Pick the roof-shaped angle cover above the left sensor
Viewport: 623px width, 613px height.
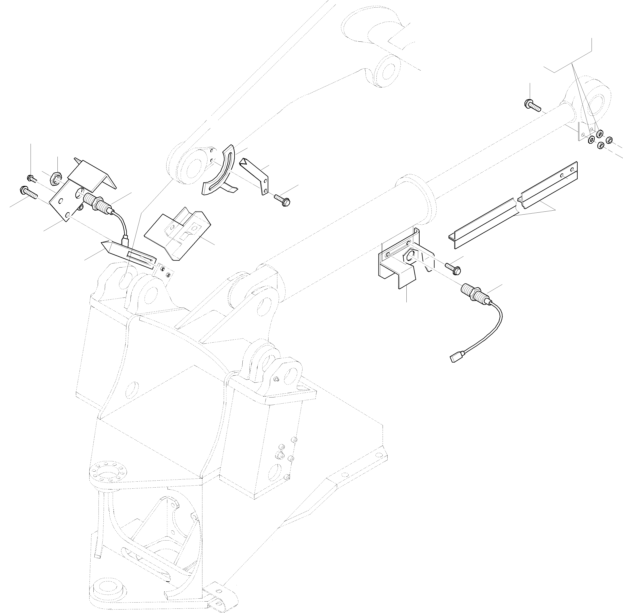point(92,174)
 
